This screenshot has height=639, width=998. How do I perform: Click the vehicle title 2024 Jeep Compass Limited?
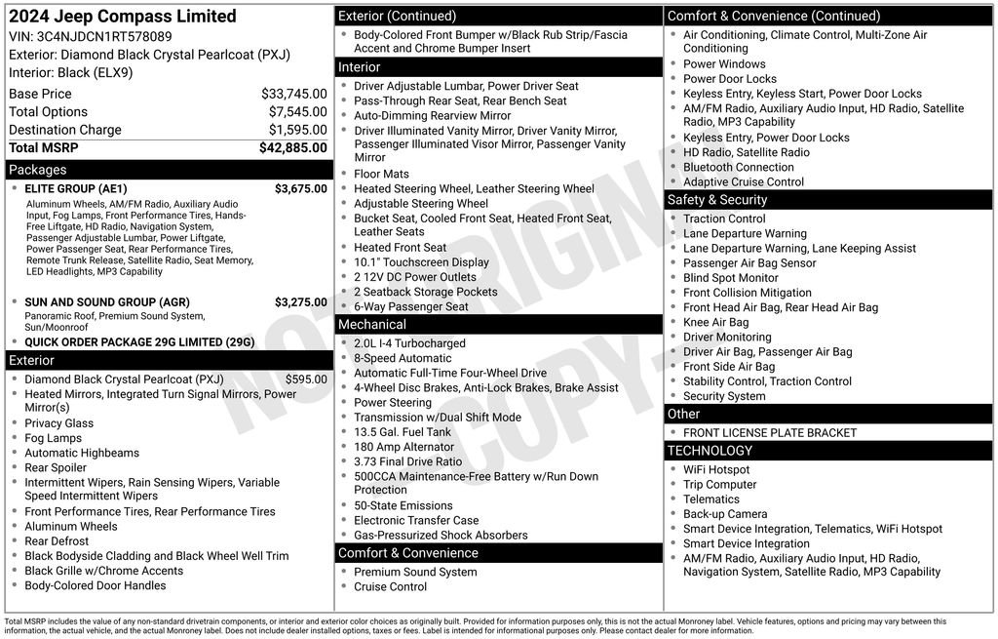click(x=123, y=17)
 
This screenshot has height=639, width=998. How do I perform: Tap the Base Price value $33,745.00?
click(x=293, y=94)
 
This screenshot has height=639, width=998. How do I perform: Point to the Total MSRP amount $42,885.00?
click(x=292, y=147)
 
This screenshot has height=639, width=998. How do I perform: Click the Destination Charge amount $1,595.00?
click(x=297, y=130)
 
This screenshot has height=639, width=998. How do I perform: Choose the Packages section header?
click(x=38, y=170)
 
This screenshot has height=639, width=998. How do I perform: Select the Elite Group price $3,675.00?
click(x=300, y=189)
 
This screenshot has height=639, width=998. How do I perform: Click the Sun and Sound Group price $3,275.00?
click(x=300, y=302)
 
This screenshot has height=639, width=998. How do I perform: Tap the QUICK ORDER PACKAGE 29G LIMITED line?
click(x=139, y=342)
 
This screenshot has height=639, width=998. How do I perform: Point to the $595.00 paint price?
click(x=306, y=379)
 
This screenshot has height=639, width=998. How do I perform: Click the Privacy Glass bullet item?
click(x=59, y=423)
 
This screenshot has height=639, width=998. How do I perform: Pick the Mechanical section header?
click(x=372, y=325)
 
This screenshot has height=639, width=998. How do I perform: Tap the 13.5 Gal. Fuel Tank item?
click(x=403, y=432)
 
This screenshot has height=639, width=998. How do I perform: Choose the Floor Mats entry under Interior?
click(x=381, y=174)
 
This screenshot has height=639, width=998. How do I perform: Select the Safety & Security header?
click(x=717, y=200)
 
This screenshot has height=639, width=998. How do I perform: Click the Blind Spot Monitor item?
click(x=731, y=278)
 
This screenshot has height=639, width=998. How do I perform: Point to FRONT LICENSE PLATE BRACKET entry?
click(x=770, y=432)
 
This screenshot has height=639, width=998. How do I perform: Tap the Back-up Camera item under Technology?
click(x=725, y=514)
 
